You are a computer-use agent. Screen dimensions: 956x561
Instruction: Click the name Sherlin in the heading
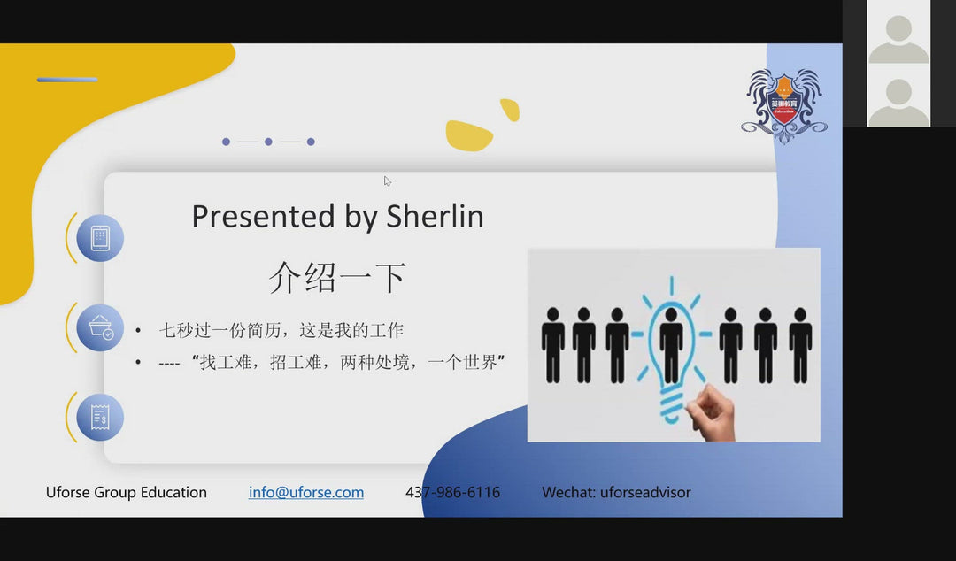point(435,217)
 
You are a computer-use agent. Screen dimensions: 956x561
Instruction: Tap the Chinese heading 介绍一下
point(337,278)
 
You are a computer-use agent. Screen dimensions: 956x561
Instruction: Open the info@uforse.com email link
point(306,492)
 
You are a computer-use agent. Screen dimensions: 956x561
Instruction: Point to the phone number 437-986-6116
point(452,492)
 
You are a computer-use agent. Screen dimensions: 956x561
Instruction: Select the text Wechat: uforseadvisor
point(616,492)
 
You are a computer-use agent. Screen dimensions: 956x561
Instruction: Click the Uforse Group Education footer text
point(127,492)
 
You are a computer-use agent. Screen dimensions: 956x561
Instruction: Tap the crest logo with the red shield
point(784,105)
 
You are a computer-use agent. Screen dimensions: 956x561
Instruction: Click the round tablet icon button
point(100,238)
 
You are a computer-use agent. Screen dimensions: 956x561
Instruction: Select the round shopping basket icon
point(100,327)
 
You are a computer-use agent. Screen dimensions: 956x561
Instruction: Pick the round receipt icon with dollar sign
point(100,417)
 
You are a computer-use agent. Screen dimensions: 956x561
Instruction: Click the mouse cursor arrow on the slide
point(387,181)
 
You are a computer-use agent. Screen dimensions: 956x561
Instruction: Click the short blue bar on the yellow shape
point(67,80)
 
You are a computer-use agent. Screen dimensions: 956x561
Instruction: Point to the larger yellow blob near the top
point(468,135)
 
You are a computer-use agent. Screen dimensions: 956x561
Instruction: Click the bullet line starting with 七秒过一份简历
point(281,331)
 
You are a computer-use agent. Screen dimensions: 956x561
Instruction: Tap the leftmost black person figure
point(553,344)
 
